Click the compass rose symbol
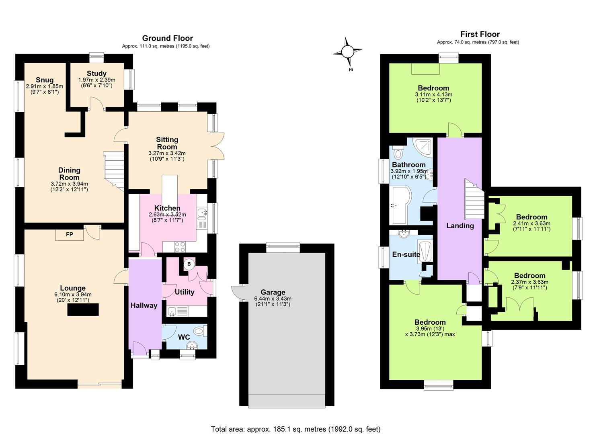coord(347,52)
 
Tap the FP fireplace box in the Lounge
coord(70,234)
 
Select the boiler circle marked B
coord(189,264)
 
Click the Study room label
coord(96,74)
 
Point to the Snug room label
coord(44,80)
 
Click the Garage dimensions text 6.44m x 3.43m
coord(273,299)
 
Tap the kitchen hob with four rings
coord(179,246)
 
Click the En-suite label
coord(406,254)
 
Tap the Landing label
coord(460,226)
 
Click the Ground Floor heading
coord(167,38)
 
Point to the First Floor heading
coord(480,34)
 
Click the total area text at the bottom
coord(295,429)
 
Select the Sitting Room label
coord(167,143)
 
